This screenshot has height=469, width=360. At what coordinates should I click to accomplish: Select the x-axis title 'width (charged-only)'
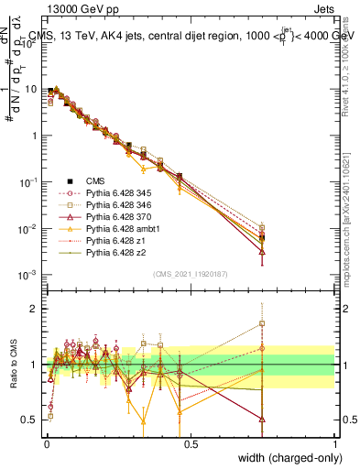(x=289, y=459)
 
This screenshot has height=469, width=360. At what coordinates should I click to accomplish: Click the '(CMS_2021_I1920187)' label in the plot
(x=190, y=274)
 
